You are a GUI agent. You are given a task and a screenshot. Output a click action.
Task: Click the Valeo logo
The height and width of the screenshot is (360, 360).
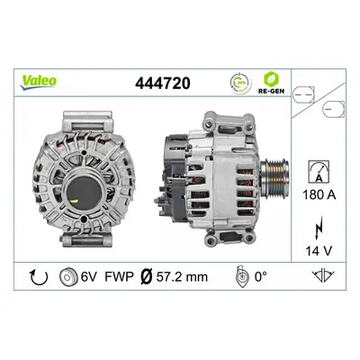[x=38, y=82]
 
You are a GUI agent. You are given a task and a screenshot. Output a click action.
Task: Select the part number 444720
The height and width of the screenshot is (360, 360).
[x=163, y=83]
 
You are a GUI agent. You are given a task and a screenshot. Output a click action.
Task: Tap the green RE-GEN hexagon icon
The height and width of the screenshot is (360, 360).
[x=271, y=79]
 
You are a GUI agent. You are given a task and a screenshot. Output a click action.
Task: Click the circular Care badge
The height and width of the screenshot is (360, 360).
[x=240, y=83]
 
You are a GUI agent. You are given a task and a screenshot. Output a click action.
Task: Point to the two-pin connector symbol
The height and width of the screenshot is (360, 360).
[x=303, y=94]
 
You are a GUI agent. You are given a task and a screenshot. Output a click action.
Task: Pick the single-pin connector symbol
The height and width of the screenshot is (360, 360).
[x=333, y=109]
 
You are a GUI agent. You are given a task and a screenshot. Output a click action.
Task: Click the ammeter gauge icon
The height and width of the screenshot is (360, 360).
[x=319, y=171]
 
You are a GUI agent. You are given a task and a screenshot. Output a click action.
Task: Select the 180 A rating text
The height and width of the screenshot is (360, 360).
[x=319, y=195]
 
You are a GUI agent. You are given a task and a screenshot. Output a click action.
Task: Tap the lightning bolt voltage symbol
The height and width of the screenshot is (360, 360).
[x=319, y=228]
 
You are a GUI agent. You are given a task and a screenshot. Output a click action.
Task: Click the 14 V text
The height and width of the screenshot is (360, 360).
[x=319, y=250]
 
